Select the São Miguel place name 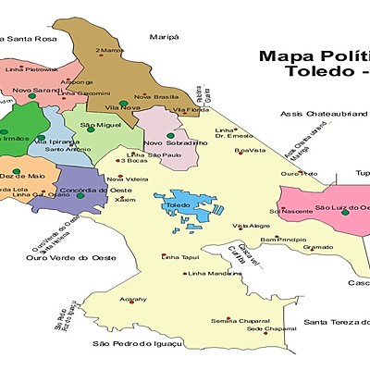101,124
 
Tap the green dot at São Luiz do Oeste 344,212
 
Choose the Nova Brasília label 155,97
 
